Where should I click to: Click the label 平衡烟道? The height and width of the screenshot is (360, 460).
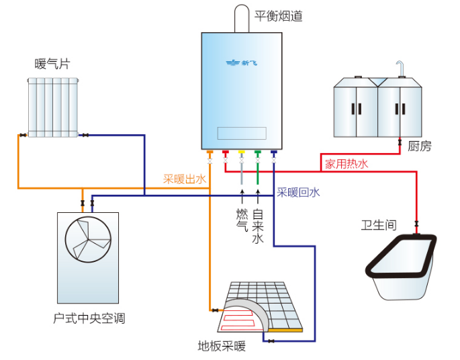click(279, 15)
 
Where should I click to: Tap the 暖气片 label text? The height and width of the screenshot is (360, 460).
click(52, 64)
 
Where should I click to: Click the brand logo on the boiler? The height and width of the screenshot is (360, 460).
click(241, 63)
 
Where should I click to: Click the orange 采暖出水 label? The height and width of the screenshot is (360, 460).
click(184, 179)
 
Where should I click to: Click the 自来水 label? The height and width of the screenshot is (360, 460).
click(259, 227)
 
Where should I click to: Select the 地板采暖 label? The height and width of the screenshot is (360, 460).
click(222, 347)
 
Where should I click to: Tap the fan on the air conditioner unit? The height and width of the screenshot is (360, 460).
click(88, 240)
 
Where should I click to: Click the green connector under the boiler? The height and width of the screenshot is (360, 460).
click(258, 154)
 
